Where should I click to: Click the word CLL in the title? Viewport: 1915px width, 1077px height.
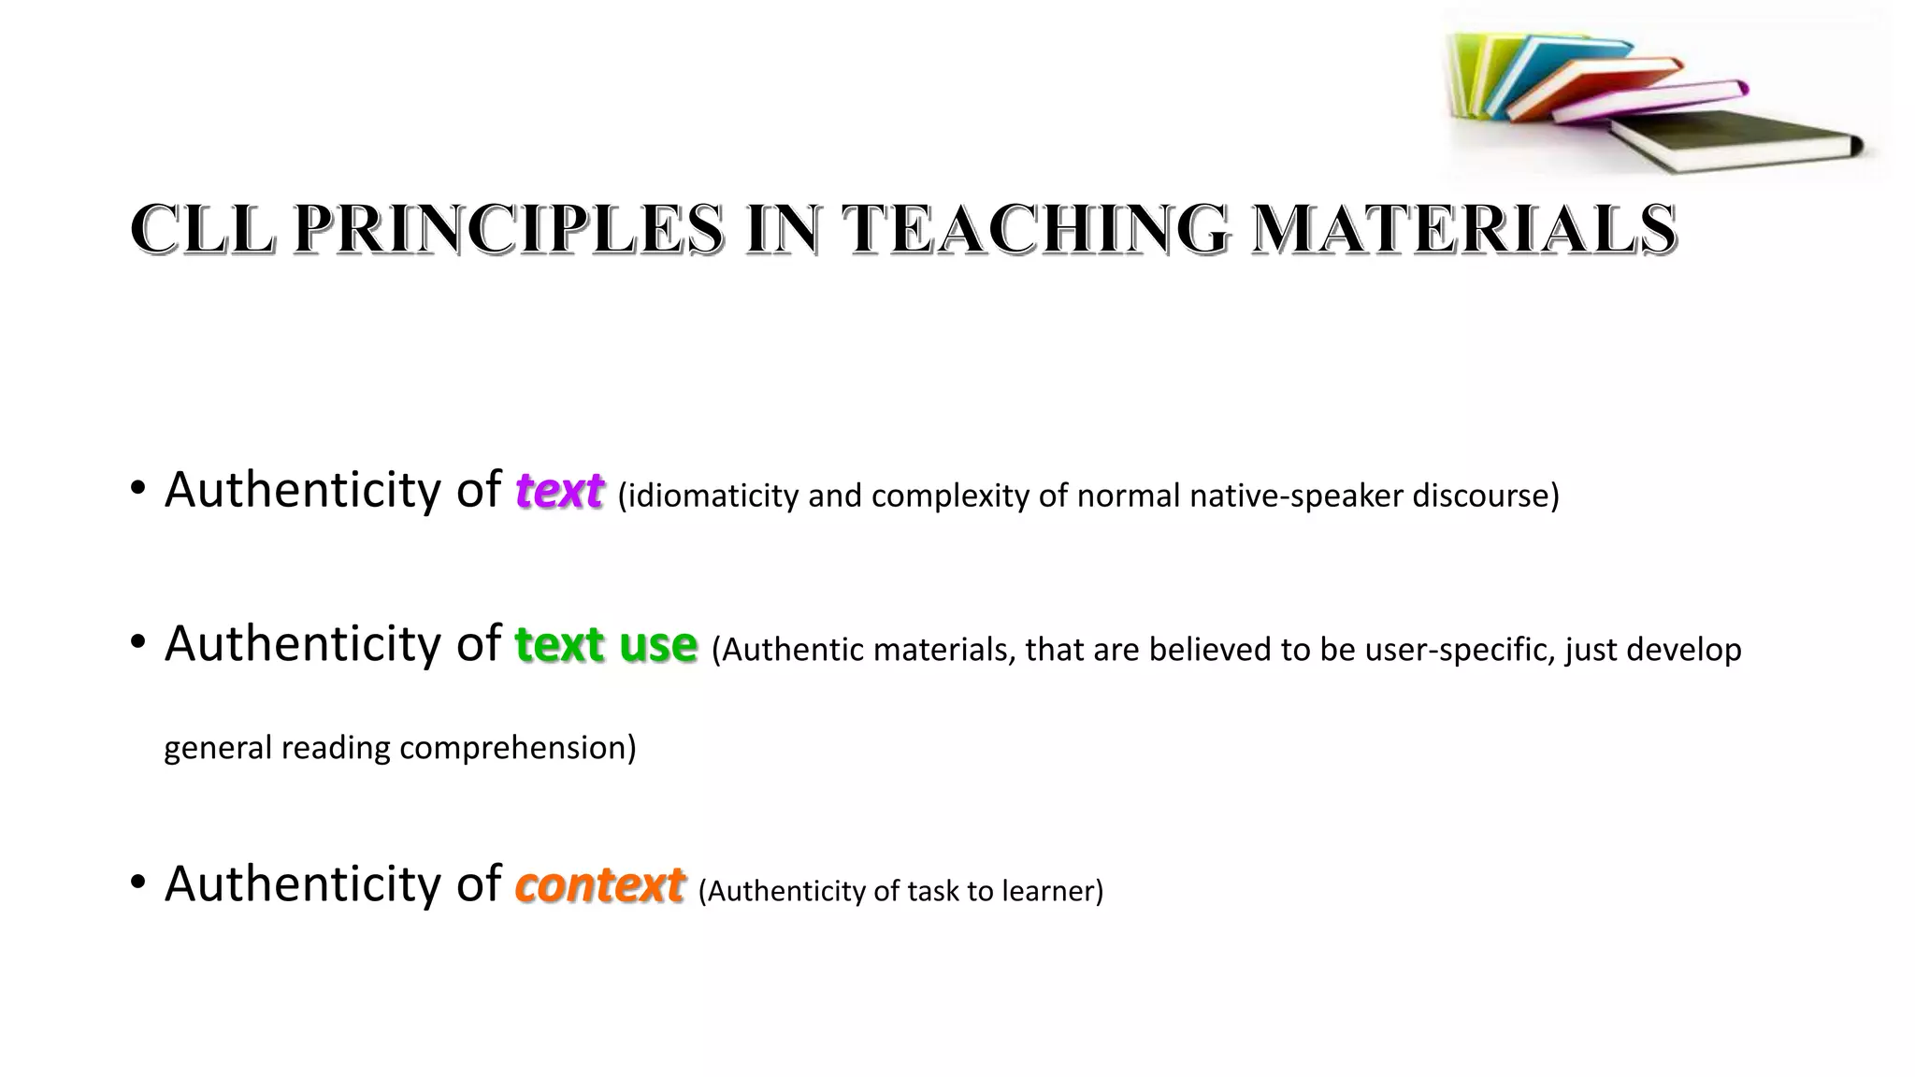pyautogui.click(x=202, y=229)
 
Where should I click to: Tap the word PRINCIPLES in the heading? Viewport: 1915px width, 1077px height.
pyautogui.click(x=509, y=229)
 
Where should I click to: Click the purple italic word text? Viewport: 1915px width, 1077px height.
pyautogui.click(x=559, y=491)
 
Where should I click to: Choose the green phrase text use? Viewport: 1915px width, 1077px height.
pyautogui.click(x=606, y=645)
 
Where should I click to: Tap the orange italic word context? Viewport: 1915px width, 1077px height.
pyautogui.click(x=599, y=885)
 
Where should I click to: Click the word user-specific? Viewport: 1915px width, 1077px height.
pyautogui.click(x=1459, y=650)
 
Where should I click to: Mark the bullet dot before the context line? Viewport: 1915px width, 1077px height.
pyautogui.click(x=138, y=883)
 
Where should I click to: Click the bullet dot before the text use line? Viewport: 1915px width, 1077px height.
pyautogui.click(x=138, y=643)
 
